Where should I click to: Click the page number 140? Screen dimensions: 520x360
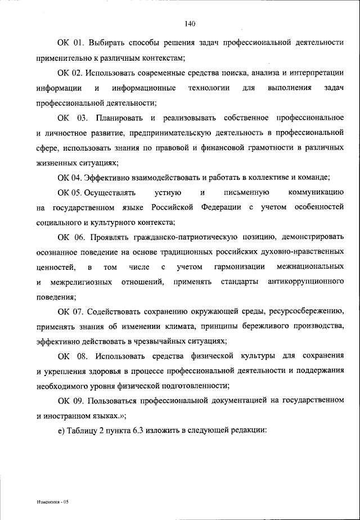[189, 24]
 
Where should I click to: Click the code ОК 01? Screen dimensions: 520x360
[70, 43]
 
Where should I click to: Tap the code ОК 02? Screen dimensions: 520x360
[70, 73]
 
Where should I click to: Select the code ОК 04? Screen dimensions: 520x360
[70, 178]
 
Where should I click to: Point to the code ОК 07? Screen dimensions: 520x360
[70, 311]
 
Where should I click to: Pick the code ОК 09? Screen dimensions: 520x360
[70, 400]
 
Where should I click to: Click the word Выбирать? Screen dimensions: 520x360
[107, 43]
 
